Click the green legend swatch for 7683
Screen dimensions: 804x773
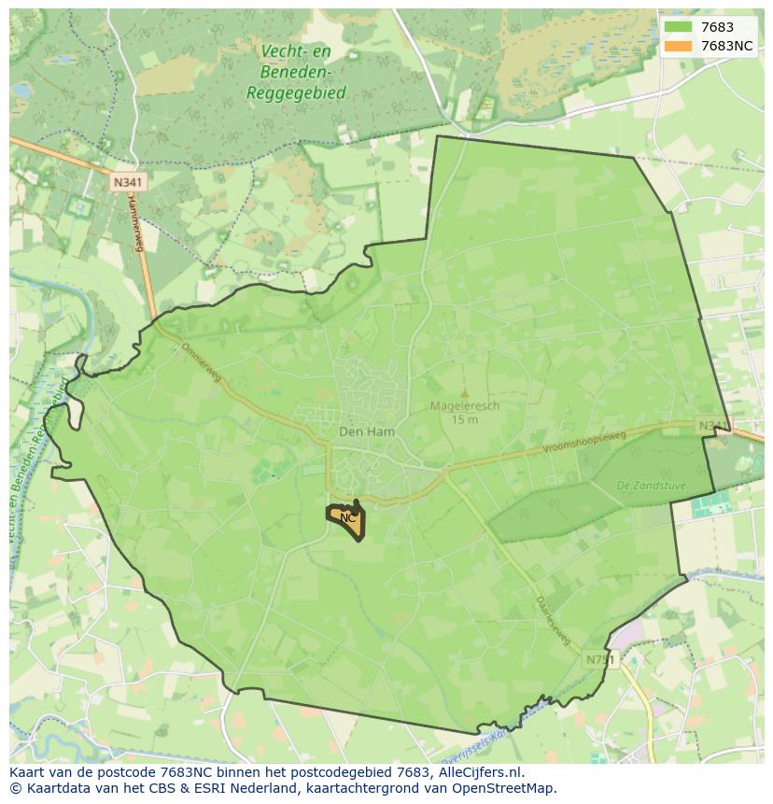(x=678, y=28)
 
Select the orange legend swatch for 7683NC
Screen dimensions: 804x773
(x=678, y=46)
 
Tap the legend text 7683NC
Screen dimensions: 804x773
(x=727, y=46)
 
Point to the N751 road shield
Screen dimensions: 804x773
(x=601, y=659)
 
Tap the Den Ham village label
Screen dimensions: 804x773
(x=366, y=432)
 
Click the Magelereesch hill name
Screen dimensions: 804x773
(x=464, y=406)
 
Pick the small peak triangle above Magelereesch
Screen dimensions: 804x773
(x=464, y=393)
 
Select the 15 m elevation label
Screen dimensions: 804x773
(x=464, y=419)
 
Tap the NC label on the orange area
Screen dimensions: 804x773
(x=347, y=517)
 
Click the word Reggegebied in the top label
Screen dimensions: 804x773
(x=296, y=92)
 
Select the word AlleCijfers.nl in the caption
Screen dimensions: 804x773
(x=480, y=772)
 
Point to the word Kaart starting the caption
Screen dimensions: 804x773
(x=27, y=772)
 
